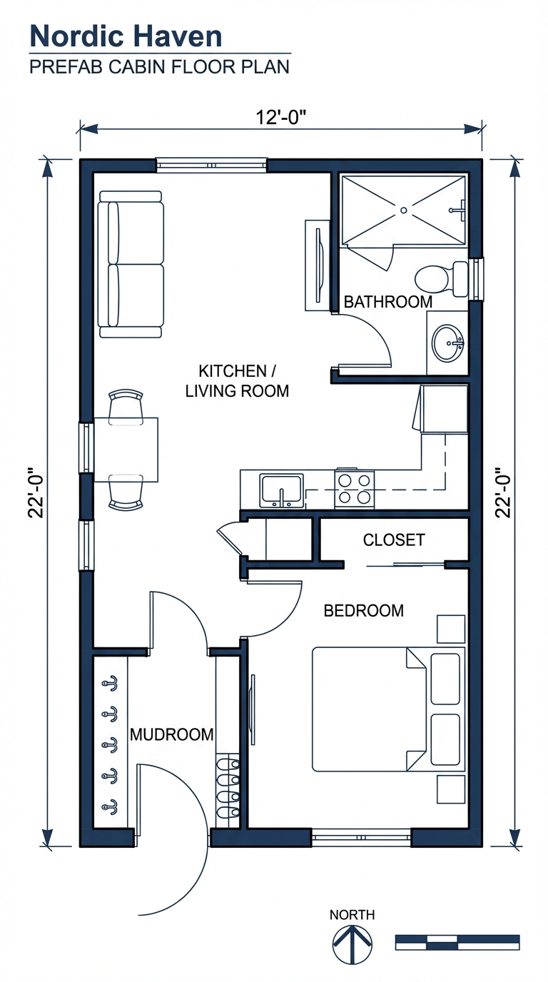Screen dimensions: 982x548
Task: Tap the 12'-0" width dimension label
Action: (x=281, y=117)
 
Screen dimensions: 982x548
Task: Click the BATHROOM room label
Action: (x=387, y=302)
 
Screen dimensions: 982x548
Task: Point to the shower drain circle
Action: (x=403, y=210)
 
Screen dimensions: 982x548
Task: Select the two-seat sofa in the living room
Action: (x=131, y=263)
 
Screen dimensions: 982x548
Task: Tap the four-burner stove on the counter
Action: (x=355, y=489)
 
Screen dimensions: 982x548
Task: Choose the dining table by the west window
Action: (x=126, y=450)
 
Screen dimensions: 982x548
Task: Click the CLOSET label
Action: (x=394, y=540)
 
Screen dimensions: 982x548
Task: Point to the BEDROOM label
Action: (x=363, y=611)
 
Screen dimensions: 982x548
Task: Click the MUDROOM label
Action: (x=171, y=734)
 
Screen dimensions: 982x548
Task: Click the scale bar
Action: (x=457, y=942)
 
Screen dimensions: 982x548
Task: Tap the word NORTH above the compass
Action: (x=352, y=915)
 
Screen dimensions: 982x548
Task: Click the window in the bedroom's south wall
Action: (x=361, y=837)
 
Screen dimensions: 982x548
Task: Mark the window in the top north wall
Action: (x=211, y=166)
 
